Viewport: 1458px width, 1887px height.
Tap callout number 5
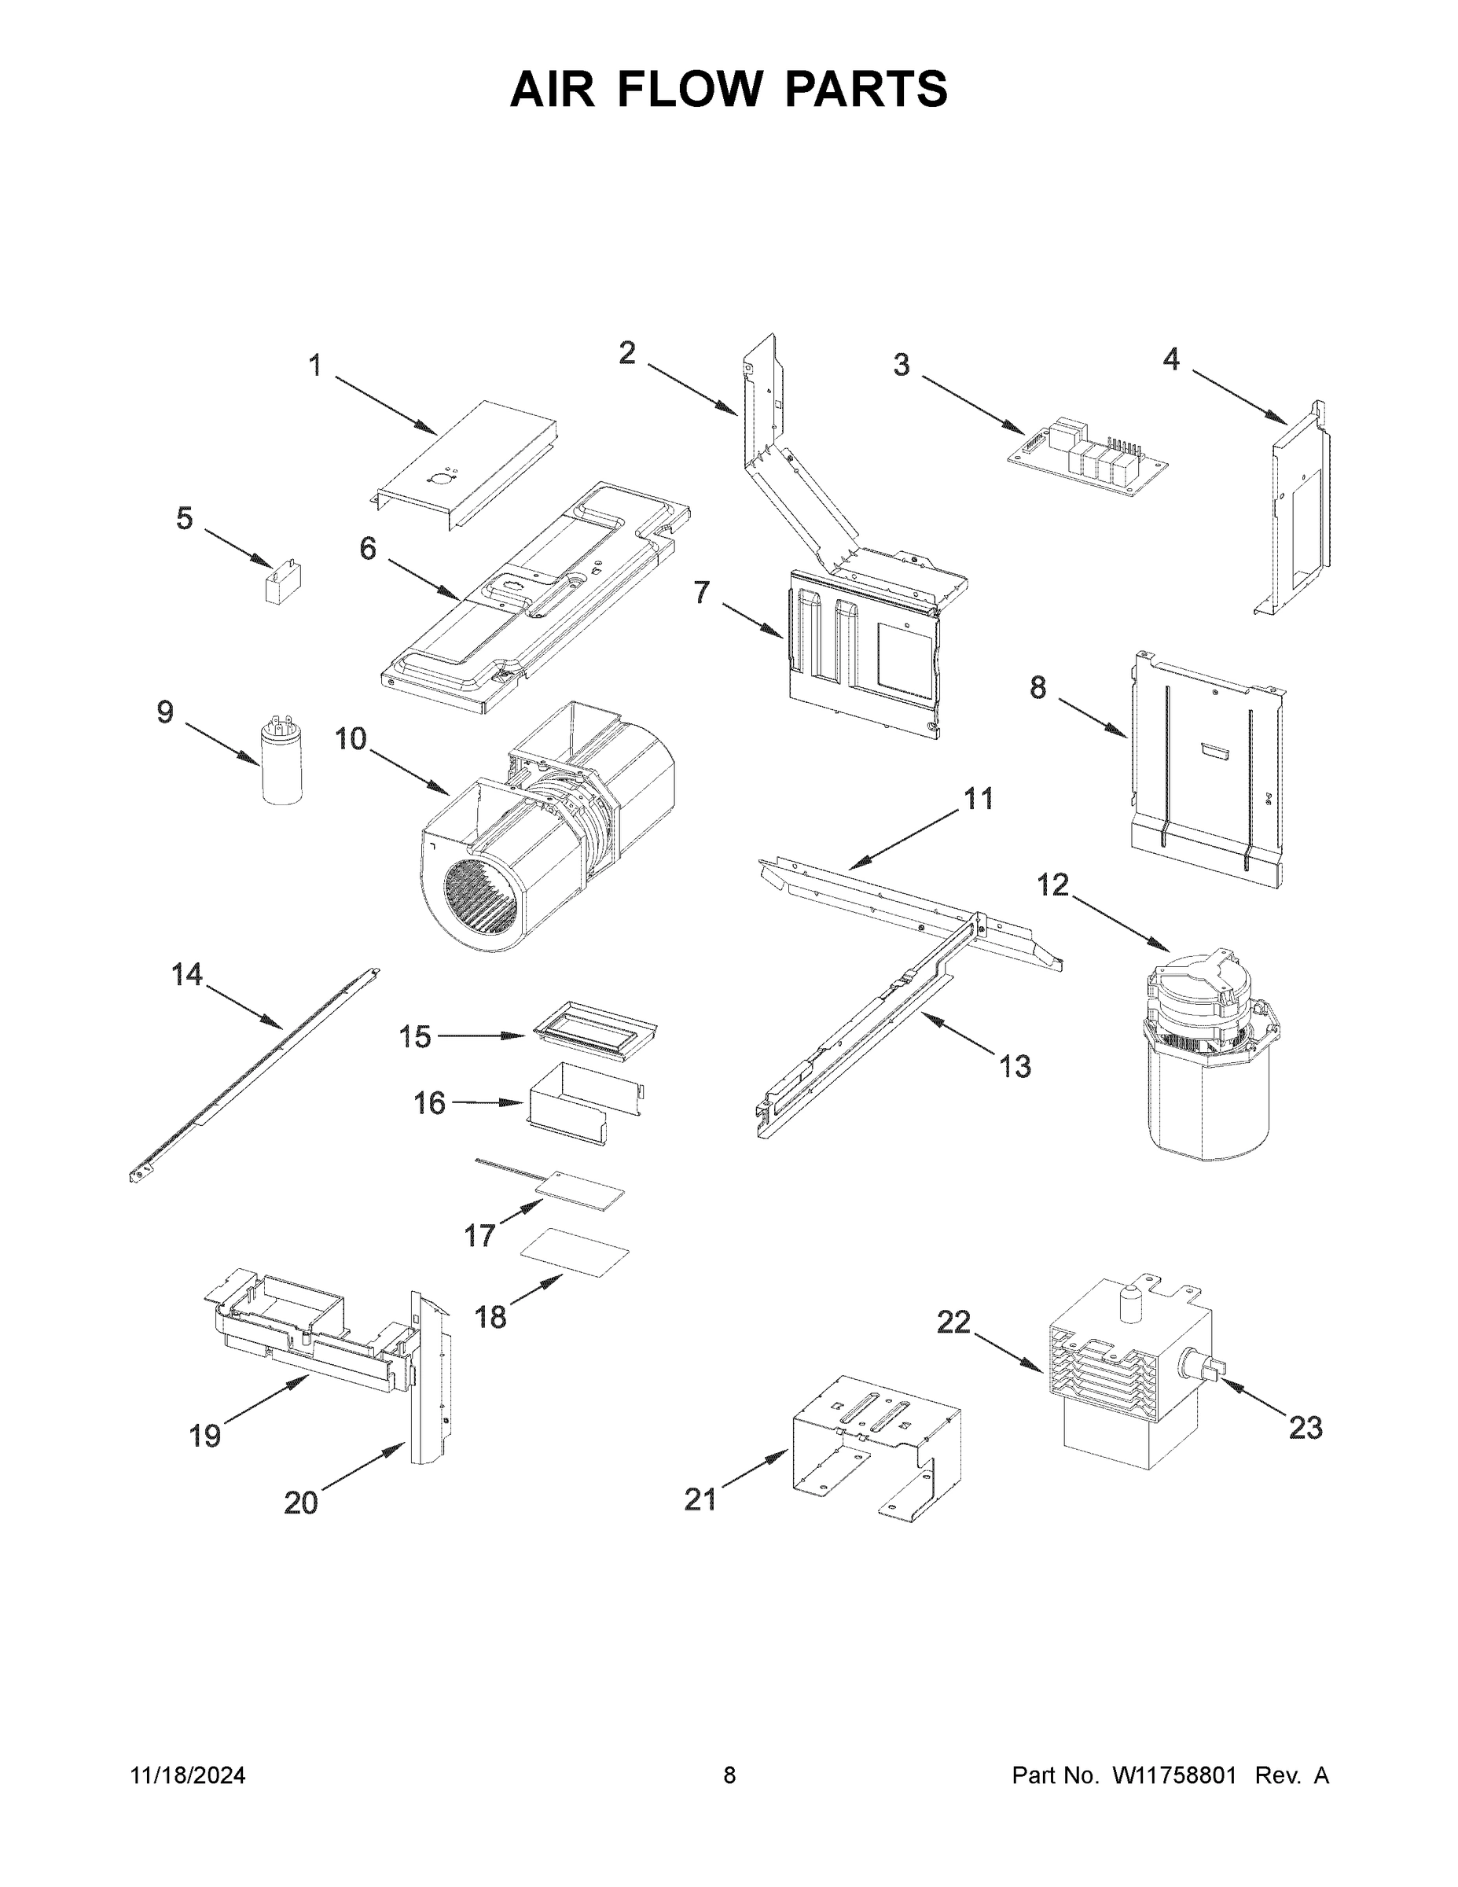pyautogui.click(x=185, y=518)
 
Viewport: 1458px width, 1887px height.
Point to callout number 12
pyautogui.click(x=1053, y=885)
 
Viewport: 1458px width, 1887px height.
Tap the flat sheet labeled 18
pyautogui.click(x=575, y=1252)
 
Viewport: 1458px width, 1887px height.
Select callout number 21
pyautogui.click(x=700, y=1499)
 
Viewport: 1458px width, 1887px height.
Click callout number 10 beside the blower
pyautogui.click(x=351, y=740)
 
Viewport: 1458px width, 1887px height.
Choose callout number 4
pyautogui.click(x=1170, y=359)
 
